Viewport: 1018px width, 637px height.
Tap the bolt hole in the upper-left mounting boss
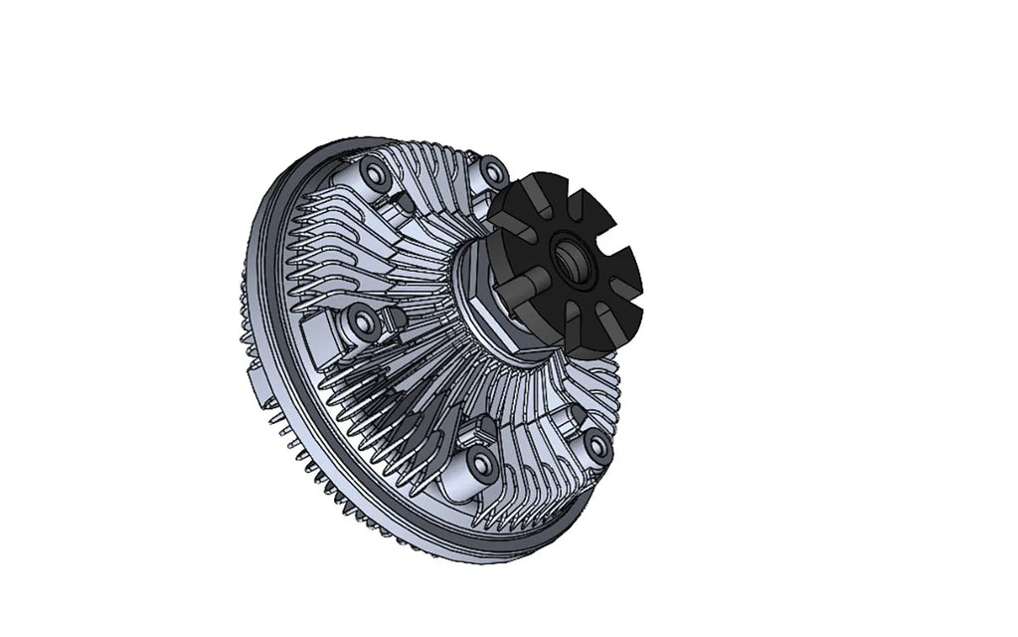click(x=375, y=176)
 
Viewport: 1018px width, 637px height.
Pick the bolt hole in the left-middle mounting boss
click(x=361, y=323)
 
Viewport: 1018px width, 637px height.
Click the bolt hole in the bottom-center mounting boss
click(x=481, y=465)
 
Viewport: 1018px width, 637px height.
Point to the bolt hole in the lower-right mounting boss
click(x=595, y=445)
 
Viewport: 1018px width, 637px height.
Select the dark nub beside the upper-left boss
click(x=402, y=204)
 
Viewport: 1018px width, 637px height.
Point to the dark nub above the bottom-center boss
click(x=485, y=427)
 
